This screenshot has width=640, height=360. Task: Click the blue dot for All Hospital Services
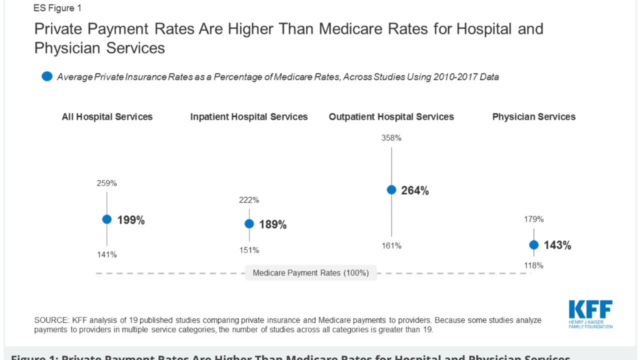pos(106,219)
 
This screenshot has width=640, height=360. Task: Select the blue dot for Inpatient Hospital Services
pos(249,223)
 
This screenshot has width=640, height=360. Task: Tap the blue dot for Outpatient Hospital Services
pos(391,190)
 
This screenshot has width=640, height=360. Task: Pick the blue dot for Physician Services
pos(533,244)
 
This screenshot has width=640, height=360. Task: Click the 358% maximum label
pos(391,138)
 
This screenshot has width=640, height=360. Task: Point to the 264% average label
pos(415,190)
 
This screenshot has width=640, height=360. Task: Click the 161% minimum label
pos(391,245)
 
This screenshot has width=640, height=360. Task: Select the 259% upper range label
pos(106,183)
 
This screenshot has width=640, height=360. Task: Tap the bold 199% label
pos(131,220)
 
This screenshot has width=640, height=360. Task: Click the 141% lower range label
pos(106,254)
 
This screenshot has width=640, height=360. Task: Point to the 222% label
pos(249,200)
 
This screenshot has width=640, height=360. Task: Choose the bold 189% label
pos(273,225)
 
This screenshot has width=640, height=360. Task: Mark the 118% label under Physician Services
pos(533,265)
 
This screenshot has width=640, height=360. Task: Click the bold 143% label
pos(557,245)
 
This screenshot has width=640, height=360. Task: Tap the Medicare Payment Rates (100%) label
pos(310,273)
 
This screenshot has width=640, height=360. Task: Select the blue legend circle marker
pos(47,76)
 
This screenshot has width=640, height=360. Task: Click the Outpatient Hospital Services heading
pos(391,116)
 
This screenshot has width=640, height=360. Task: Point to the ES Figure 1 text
pos(57,8)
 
